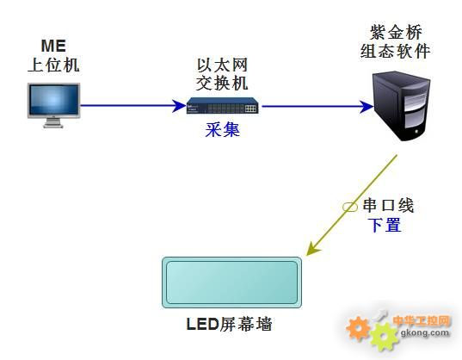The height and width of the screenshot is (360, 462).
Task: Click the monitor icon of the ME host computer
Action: [x=53, y=105]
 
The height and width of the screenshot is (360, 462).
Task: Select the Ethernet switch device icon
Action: [x=223, y=106]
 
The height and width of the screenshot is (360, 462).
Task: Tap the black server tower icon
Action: [x=402, y=106]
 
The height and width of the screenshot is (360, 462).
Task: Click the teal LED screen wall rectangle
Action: [x=232, y=282]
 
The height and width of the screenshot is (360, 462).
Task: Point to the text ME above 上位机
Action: [x=53, y=46]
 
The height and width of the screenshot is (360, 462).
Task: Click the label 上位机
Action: [x=53, y=65]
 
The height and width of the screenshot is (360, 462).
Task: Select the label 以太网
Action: [x=222, y=65]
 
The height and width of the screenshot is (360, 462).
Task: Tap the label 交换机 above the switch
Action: [x=222, y=84]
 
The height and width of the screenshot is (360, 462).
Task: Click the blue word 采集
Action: [x=223, y=129]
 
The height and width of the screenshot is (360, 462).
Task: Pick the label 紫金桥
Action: [x=396, y=32]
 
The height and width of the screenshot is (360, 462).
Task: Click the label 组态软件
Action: [x=395, y=51]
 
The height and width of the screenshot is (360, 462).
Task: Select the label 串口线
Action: [x=388, y=205]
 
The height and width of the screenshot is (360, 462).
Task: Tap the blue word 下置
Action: [x=385, y=225]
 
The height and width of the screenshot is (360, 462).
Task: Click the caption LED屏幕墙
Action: [x=229, y=324]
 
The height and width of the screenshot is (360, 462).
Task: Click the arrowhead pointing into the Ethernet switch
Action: [x=179, y=106]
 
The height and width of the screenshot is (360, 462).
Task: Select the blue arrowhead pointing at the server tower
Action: [x=367, y=107]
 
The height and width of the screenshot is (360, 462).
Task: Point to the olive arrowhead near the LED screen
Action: [x=312, y=248]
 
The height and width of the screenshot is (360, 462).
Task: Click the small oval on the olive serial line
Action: [x=350, y=207]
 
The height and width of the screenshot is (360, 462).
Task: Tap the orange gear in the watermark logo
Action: [x=358, y=328]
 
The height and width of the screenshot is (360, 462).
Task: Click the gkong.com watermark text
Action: [x=425, y=333]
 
